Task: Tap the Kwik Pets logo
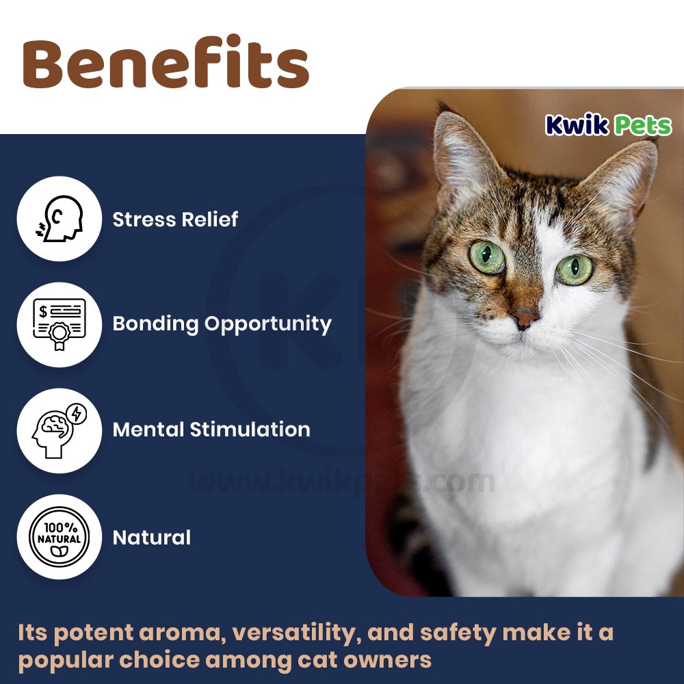[x=608, y=125]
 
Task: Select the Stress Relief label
[x=175, y=219]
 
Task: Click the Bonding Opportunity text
[x=222, y=324]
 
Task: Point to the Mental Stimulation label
[x=211, y=430]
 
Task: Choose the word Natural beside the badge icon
[x=152, y=538]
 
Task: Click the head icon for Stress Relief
[x=60, y=218]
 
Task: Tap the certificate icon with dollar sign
[x=60, y=324]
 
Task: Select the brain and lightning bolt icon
[x=60, y=430]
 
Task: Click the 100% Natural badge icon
[x=60, y=536]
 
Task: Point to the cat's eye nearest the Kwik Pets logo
[x=575, y=269]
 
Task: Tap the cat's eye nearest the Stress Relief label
[x=487, y=257]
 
